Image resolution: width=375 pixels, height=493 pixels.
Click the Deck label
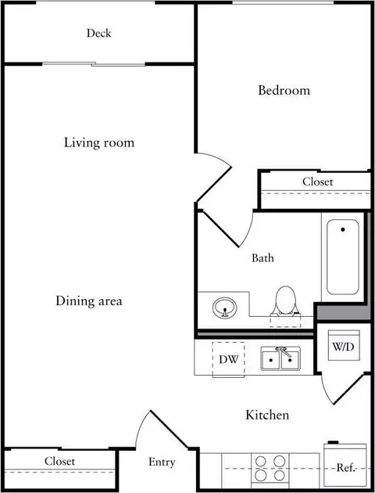99,33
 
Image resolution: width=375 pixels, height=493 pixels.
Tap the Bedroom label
284,90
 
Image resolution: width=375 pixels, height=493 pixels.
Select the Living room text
99,142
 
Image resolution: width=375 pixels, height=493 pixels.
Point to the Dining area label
89,301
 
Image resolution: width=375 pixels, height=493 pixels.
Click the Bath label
262,258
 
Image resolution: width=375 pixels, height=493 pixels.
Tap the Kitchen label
267,415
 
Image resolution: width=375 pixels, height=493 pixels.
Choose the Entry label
162,462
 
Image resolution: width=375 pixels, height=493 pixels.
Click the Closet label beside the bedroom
317,182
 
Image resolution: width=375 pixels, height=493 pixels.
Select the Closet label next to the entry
59,461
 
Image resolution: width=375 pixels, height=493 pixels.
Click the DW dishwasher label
229,359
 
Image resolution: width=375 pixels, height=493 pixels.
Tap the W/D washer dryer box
344,346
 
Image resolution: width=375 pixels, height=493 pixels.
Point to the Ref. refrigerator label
346,468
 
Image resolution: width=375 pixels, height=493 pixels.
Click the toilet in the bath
286,301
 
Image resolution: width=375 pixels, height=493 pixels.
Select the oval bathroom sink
225,308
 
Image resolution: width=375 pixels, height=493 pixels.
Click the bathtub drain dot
343,230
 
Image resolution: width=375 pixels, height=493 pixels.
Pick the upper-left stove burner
260,462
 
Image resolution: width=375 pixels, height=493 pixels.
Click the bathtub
343,257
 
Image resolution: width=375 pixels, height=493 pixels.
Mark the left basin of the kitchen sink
270,360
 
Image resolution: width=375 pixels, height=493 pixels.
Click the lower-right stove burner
279,476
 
